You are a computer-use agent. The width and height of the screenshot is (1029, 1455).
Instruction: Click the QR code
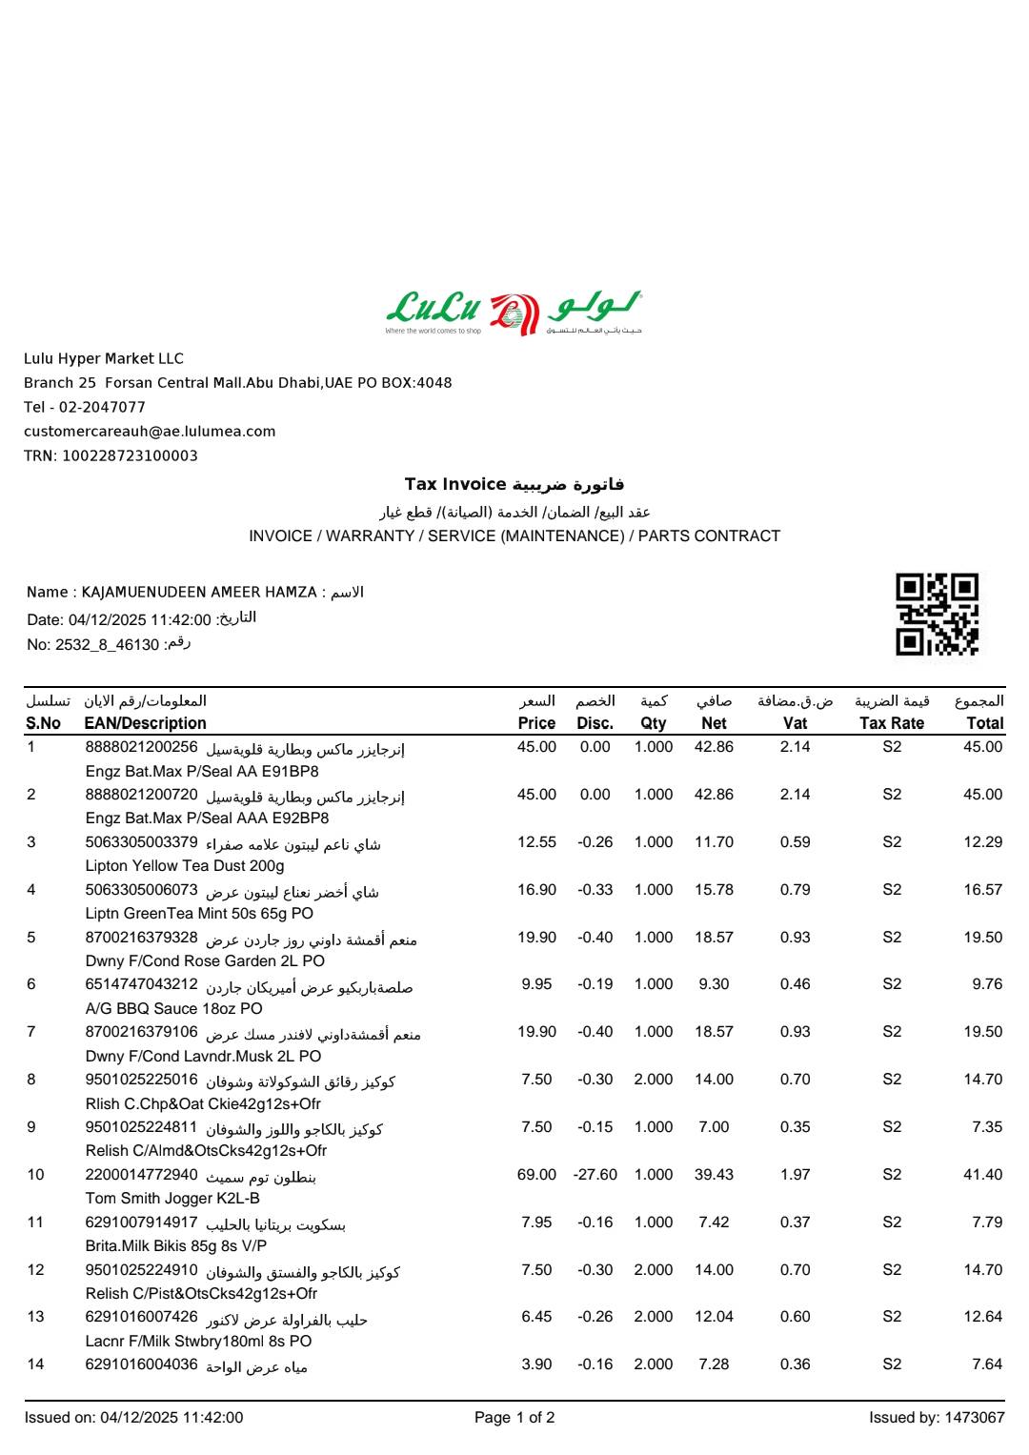click(937, 614)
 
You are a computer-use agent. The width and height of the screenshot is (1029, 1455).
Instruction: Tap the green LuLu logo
click(514, 313)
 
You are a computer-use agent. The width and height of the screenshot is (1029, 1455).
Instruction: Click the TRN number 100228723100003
click(130, 455)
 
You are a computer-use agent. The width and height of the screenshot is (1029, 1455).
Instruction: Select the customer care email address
click(150, 432)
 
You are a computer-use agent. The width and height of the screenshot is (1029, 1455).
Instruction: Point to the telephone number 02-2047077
click(102, 407)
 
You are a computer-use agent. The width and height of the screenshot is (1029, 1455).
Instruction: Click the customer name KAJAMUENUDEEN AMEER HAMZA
click(199, 593)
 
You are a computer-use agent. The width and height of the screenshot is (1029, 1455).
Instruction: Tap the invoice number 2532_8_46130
click(107, 645)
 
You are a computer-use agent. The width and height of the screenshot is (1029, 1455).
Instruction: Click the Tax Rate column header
click(891, 723)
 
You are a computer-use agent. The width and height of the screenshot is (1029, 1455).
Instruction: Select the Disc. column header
click(595, 723)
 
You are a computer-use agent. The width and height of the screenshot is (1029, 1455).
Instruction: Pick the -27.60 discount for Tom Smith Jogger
click(595, 1175)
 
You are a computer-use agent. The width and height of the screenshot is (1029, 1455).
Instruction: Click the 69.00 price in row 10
click(536, 1175)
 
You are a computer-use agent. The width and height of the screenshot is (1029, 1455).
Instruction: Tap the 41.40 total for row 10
click(982, 1175)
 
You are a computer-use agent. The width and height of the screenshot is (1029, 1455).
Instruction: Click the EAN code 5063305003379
click(142, 842)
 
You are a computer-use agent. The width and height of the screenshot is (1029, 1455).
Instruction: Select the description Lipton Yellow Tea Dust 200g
click(185, 866)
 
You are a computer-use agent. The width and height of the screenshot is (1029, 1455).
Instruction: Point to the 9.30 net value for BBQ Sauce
click(714, 984)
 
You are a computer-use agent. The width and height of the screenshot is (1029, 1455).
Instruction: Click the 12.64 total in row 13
click(982, 1317)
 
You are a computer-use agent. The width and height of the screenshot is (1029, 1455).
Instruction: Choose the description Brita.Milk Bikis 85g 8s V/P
click(176, 1246)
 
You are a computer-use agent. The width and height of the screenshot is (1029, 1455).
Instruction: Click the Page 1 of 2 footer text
click(514, 1418)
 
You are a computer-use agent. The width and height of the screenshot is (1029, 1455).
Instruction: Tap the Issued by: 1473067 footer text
click(936, 1418)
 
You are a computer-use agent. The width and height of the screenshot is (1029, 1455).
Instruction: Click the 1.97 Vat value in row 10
click(795, 1175)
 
